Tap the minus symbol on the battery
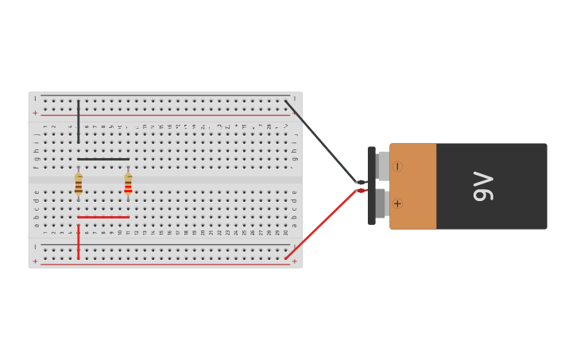(x=397, y=167)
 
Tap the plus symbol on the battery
(x=397, y=204)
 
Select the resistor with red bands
(x=128, y=187)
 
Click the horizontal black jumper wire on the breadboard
(x=103, y=159)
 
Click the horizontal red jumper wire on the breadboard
(x=103, y=217)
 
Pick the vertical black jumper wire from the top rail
(x=78, y=122)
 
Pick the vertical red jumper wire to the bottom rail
(x=78, y=242)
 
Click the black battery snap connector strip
(x=371, y=185)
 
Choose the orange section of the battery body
(x=412, y=186)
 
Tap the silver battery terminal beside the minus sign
(x=383, y=166)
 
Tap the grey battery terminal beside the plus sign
(x=381, y=203)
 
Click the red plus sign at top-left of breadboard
(x=35, y=113)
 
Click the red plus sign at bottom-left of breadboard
(x=35, y=261)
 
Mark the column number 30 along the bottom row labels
(x=285, y=232)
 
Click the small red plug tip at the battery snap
(x=361, y=191)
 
